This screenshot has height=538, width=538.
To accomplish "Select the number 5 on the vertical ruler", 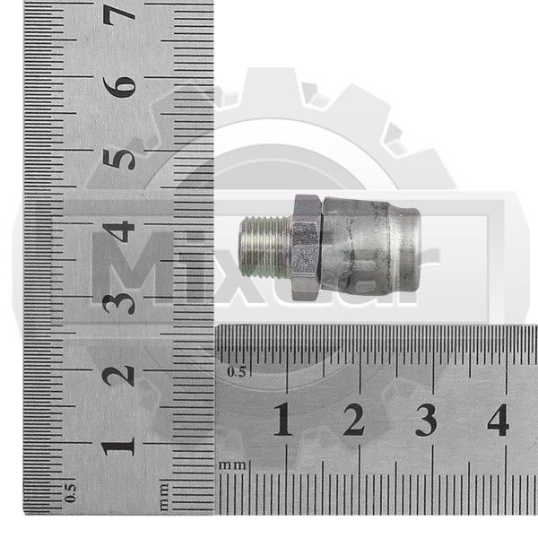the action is (x=119, y=159).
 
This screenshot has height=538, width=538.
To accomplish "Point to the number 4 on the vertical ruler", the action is (x=119, y=231).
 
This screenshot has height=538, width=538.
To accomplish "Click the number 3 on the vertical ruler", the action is (x=119, y=303).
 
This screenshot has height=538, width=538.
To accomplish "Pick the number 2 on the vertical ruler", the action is (x=119, y=375).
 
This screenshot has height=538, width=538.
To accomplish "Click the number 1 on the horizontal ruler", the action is (x=283, y=420).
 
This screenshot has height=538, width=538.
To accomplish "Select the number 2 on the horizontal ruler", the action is (x=354, y=420).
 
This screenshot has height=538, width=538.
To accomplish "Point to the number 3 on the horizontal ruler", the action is (x=426, y=420).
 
